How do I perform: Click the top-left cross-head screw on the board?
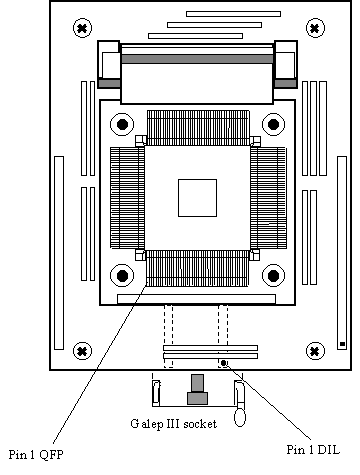tap(82, 28)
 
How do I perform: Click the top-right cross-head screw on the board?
tap(315, 28)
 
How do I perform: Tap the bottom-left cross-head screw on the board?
tap(82, 351)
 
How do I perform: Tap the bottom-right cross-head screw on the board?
tap(315, 351)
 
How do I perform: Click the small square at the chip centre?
tap(197, 198)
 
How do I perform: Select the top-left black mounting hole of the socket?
tap(122, 124)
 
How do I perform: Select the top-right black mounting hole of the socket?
tap(273, 124)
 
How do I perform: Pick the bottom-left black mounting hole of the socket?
tap(122, 275)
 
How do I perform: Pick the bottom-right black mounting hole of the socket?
tap(273, 275)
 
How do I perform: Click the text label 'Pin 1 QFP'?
tap(36, 454)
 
